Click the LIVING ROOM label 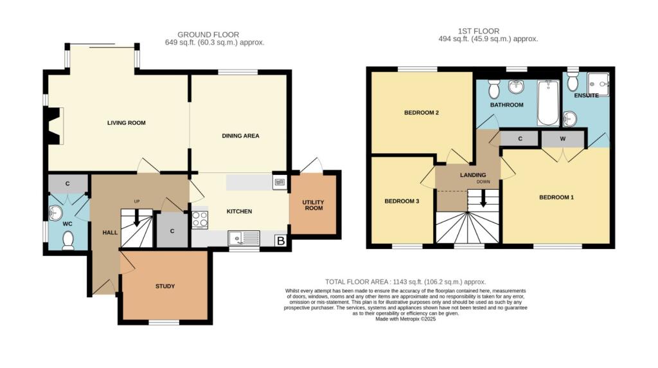126,122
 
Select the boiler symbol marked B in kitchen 280,241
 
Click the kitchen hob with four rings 200,219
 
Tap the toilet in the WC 69,240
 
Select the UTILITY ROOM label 314,205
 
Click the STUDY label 165,286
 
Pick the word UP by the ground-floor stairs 137,202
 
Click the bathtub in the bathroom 548,103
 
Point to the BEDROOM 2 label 421,113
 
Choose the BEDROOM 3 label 402,201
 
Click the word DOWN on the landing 483,182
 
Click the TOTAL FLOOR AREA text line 405,282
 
